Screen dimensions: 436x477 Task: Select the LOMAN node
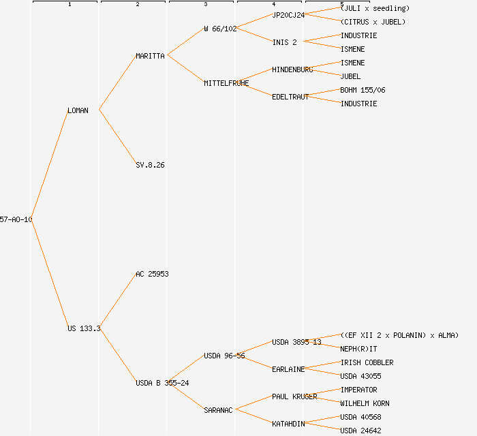click(78, 110)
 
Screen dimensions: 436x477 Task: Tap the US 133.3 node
click(84, 328)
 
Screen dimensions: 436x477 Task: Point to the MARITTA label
click(150, 56)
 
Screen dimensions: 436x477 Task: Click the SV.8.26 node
click(150, 165)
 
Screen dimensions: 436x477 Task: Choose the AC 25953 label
click(152, 274)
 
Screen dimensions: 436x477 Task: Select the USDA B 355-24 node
click(162, 383)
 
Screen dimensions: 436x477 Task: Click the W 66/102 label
click(220, 29)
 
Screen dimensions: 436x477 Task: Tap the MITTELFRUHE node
click(226, 83)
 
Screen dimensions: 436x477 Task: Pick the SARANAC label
click(218, 410)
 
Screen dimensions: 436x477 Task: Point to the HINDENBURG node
click(292, 69)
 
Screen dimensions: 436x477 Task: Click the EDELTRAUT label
click(290, 97)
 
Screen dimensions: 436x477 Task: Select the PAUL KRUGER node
click(294, 396)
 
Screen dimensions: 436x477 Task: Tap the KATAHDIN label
click(288, 424)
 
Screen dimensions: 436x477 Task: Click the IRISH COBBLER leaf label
click(367, 362)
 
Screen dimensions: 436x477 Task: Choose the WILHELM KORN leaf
click(365, 403)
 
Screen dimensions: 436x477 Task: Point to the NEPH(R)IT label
click(358, 349)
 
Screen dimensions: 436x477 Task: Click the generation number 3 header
click(205, 5)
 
